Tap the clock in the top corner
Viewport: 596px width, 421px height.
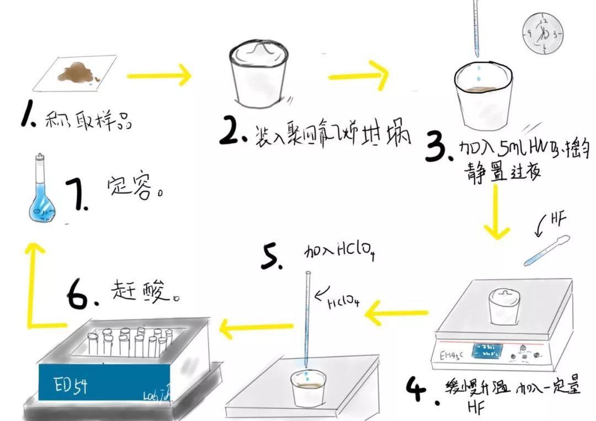coord(542,34)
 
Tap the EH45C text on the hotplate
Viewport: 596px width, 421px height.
coord(452,350)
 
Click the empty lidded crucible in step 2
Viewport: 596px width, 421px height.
coord(259,75)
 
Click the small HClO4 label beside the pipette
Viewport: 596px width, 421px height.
coord(341,302)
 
